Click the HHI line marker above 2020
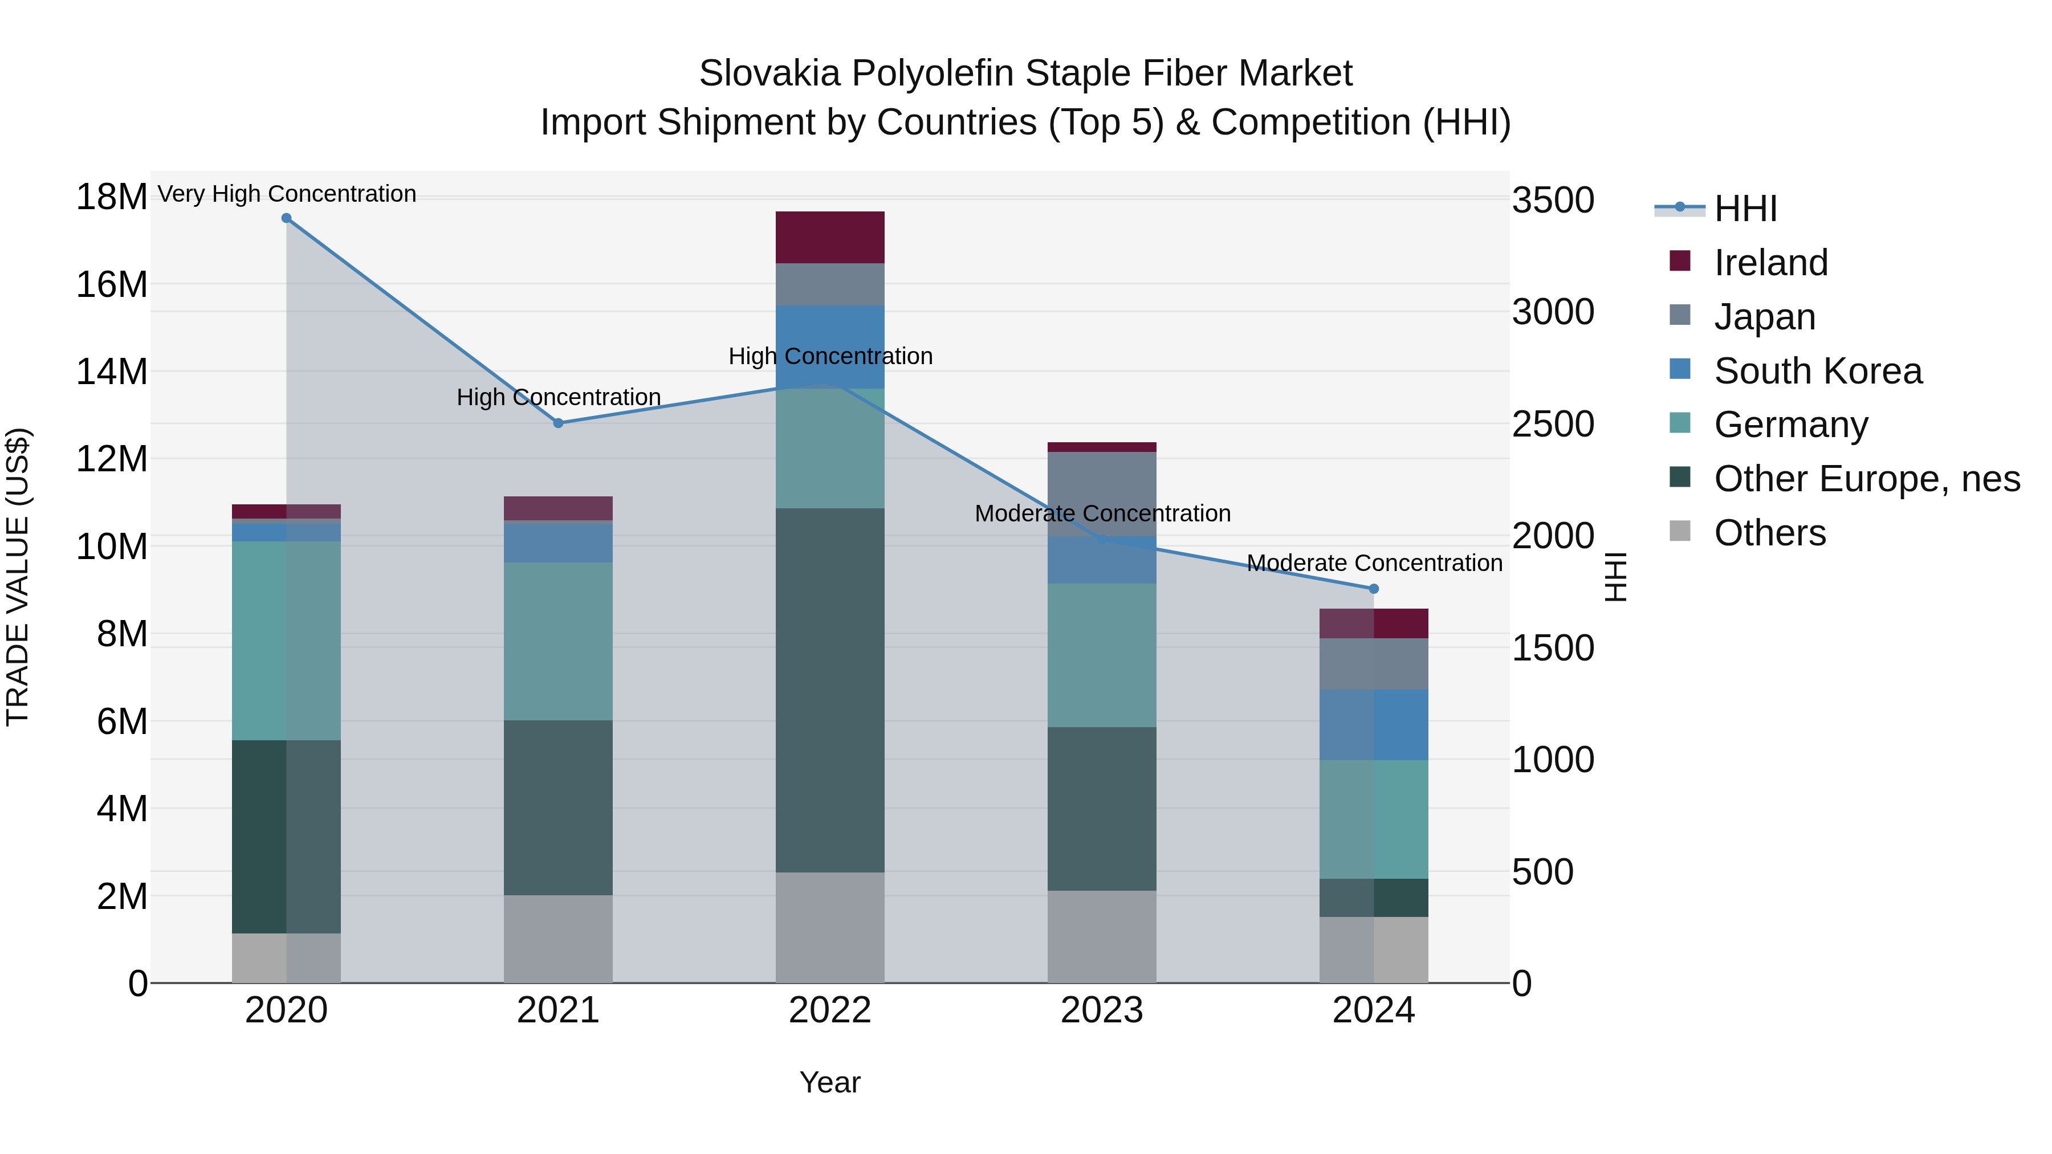click(x=286, y=218)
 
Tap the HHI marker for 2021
click(x=559, y=423)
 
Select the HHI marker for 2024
click(x=1373, y=589)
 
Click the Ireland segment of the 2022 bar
click(x=830, y=237)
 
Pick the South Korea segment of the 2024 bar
click(x=1373, y=725)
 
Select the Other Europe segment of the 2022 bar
click(x=830, y=690)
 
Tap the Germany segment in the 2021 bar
click(x=559, y=641)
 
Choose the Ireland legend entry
click(x=1770, y=263)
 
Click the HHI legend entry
click(x=1745, y=209)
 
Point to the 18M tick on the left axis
click(x=112, y=197)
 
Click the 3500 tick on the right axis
click(x=1553, y=200)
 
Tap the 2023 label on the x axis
click(x=1102, y=1010)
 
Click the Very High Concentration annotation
click(x=287, y=194)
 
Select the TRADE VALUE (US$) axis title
click(x=18, y=577)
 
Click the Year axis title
click(x=830, y=1082)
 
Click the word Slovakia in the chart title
click(x=769, y=74)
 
